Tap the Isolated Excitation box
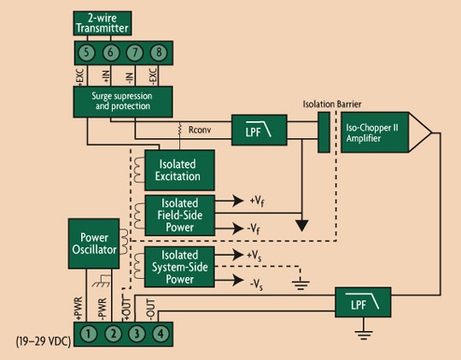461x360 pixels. [x=178, y=169]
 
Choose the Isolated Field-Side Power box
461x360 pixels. [x=178, y=215]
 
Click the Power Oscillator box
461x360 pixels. [x=95, y=244]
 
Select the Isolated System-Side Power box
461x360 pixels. [x=178, y=267]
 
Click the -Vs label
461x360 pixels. [x=255, y=282]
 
